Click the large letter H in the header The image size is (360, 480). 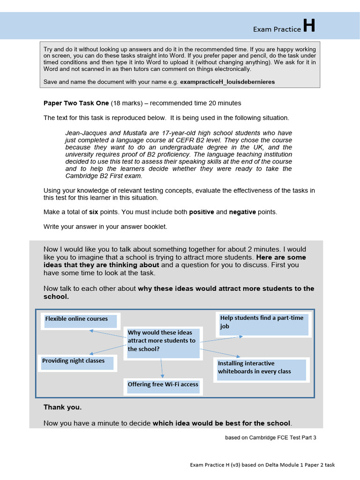[309, 26]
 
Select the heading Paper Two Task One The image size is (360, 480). [76, 103]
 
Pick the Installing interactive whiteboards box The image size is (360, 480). [261, 369]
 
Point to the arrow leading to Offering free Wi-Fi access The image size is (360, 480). [162, 368]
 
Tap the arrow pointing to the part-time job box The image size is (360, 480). [222, 339]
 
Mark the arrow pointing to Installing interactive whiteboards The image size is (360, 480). [220, 352]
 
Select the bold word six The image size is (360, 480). [94, 212]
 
